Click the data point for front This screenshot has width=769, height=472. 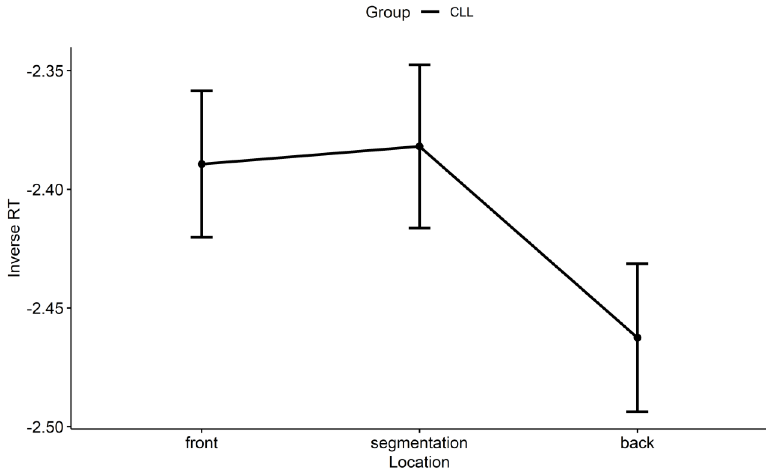click(202, 164)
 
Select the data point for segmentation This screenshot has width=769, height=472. click(419, 146)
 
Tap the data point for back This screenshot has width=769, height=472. click(637, 338)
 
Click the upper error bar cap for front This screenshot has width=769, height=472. click(202, 91)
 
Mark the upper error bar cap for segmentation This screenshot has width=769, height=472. click(419, 65)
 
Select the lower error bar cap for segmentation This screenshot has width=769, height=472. click(419, 228)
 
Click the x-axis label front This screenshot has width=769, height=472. click(202, 443)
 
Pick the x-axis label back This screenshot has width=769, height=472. click(637, 443)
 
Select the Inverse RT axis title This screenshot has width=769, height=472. click(14, 239)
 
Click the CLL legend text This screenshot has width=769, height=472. click(461, 13)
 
